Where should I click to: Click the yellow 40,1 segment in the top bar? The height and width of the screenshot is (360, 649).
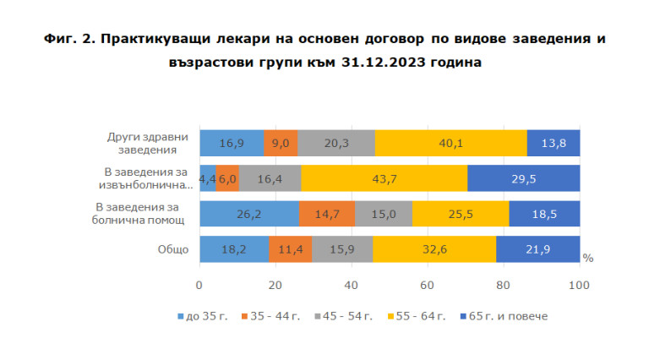[x=450, y=143]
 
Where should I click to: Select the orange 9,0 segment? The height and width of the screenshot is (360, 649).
[x=281, y=143]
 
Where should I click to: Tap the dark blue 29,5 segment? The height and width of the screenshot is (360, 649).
[x=523, y=178]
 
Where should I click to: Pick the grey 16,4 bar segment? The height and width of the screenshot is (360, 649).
[x=270, y=178]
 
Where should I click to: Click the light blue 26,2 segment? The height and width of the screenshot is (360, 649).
[x=248, y=214]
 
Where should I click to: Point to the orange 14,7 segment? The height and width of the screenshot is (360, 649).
[x=326, y=214]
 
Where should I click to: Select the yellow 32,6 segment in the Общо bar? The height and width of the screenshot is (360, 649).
[x=434, y=249]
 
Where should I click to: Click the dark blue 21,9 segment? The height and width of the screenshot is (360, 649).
[x=537, y=249]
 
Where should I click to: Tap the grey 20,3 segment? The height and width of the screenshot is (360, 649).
[x=336, y=143]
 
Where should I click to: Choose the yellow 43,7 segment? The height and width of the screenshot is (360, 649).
[x=384, y=178]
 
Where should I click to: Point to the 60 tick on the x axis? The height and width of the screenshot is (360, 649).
[x=428, y=285]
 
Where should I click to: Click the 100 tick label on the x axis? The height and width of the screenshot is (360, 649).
[x=580, y=285]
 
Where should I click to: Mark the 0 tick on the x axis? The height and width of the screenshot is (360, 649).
[x=199, y=285]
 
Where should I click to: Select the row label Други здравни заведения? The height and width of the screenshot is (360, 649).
[x=142, y=143]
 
